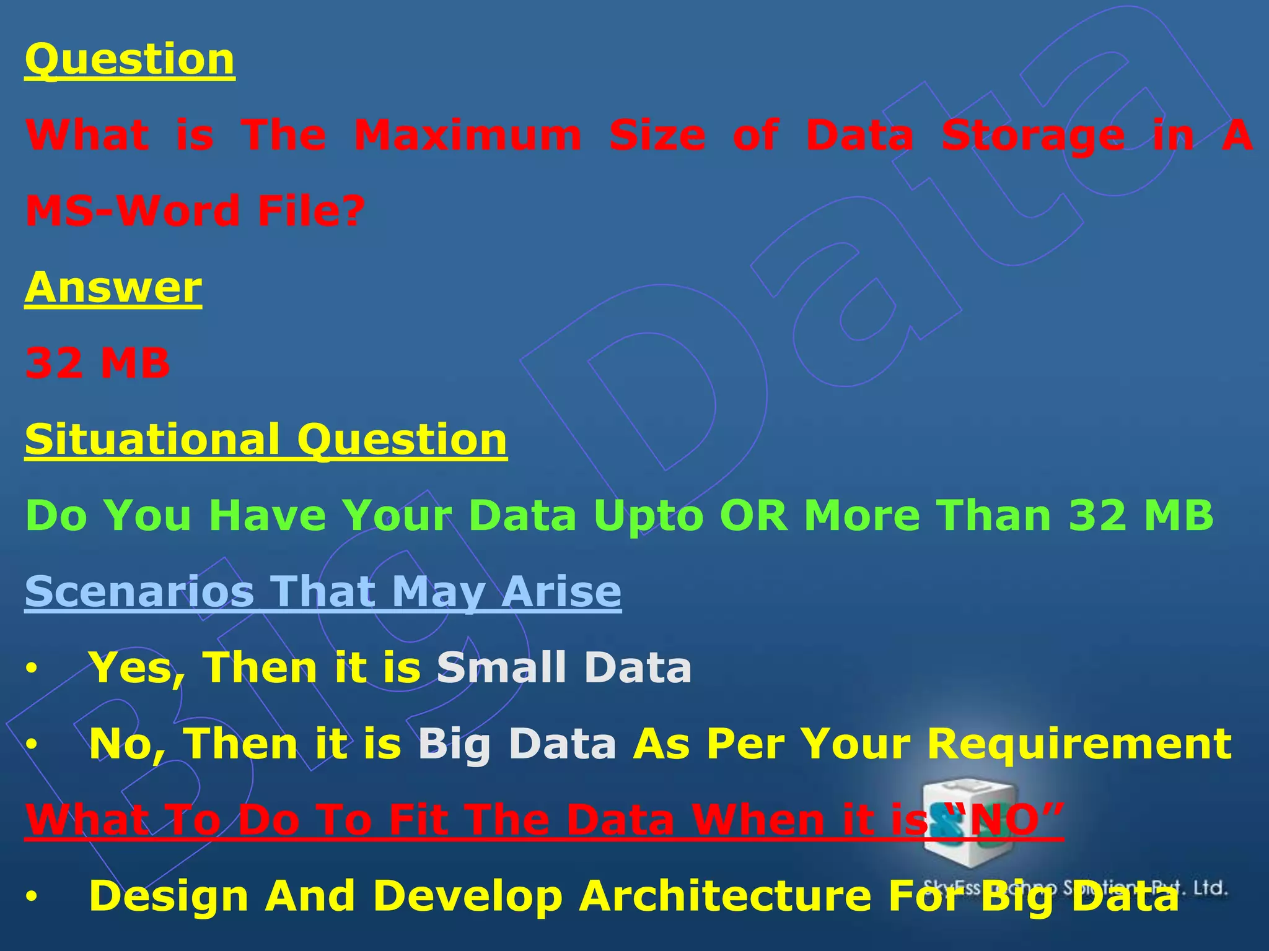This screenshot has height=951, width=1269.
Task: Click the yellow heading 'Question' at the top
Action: [x=130, y=59]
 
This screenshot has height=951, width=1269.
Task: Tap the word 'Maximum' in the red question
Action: [x=468, y=136]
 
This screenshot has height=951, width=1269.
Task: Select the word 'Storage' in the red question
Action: [x=1033, y=136]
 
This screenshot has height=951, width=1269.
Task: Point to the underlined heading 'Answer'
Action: [x=113, y=287]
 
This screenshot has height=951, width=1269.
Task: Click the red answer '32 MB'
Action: [x=97, y=363]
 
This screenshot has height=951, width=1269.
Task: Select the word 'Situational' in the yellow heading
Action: [x=152, y=440]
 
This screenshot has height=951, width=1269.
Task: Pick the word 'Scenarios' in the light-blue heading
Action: [x=139, y=591]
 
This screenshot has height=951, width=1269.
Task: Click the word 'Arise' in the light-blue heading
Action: [x=561, y=591]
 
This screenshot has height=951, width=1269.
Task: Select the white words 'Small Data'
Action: [x=564, y=667]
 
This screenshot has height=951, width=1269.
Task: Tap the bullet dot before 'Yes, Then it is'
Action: [x=32, y=669]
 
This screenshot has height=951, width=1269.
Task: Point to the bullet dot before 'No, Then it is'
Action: [x=32, y=745]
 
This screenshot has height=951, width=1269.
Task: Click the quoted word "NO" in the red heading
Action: [x=1004, y=820]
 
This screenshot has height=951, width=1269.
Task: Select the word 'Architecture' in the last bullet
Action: [x=725, y=895]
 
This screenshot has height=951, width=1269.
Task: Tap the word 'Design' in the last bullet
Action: [x=169, y=897]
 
